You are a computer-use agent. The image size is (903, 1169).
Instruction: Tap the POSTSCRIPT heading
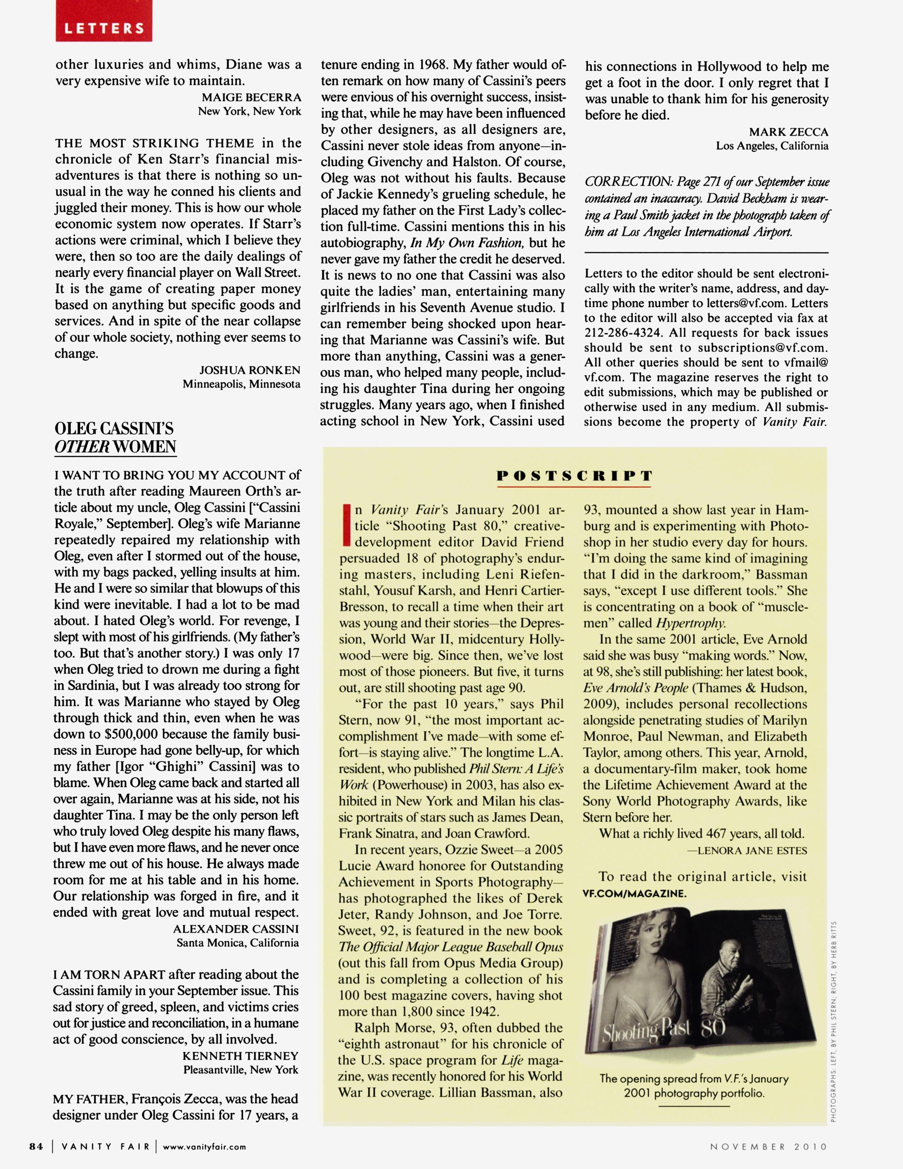point(574,476)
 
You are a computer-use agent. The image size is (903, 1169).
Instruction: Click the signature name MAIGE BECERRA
point(251,97)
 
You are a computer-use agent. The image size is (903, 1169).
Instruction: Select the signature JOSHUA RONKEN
point(249,370)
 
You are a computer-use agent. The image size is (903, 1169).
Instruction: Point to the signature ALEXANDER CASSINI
point(236,929)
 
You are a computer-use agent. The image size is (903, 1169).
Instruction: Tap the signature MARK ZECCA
point(788,132)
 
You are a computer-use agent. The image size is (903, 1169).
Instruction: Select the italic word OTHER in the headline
point(81,447)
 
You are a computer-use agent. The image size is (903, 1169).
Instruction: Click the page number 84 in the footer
point(36,1146)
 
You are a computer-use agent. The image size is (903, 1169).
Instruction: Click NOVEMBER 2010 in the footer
point(769,1146)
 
